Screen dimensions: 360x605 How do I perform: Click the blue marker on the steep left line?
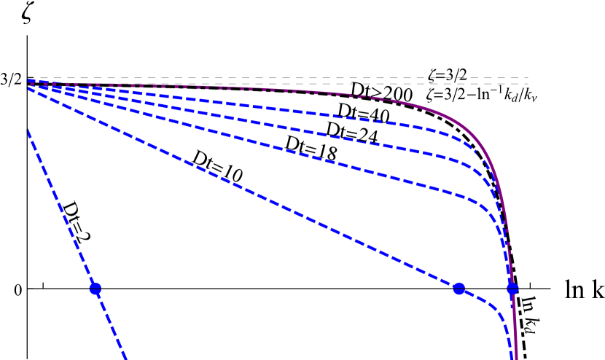point(95,289)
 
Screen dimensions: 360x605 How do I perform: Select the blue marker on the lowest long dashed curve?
point(458,289)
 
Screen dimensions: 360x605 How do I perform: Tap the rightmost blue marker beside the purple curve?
point(512,288)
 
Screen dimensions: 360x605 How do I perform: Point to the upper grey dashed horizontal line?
point(292,78)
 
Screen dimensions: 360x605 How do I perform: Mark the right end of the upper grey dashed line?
point(528,78)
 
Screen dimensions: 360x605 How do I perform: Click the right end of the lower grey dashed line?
point(528,84)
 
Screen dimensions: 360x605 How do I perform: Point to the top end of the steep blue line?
point(28,130)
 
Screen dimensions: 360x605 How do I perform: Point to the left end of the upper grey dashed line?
point(29,78)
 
